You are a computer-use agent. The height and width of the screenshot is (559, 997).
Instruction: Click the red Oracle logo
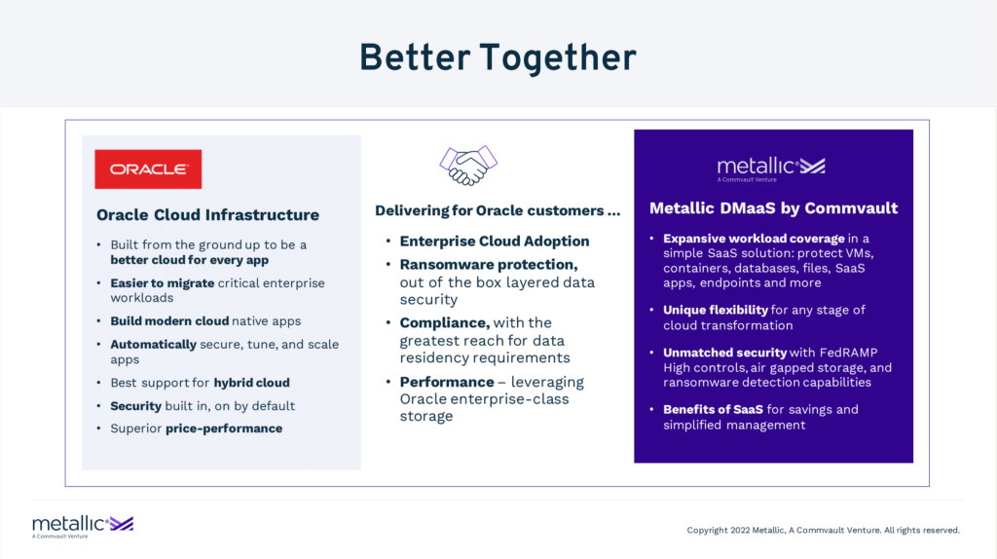(148, 169)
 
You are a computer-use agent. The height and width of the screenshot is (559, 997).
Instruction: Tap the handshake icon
(468, 166)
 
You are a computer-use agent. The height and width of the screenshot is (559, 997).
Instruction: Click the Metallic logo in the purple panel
(771, 168)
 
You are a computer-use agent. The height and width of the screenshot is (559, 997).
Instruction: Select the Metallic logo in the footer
(83, 527)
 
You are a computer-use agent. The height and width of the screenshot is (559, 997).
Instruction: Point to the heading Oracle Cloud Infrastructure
(208, 215)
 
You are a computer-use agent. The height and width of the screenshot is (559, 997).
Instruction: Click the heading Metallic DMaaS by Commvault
(773, 208)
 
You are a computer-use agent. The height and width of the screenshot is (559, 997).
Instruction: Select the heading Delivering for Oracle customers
(498, 210)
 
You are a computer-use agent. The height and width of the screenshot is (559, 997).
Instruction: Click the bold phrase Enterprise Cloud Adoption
(495, 241)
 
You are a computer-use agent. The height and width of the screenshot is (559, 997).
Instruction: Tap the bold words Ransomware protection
(489, 265)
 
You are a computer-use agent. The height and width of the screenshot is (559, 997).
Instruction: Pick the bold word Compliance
(444, 323)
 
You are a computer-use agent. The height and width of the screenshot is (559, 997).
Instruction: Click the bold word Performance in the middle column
(447, 382)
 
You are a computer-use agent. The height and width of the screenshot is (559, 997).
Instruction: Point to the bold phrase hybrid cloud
(252, 383)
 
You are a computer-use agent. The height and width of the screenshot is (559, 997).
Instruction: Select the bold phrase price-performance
(224, 429)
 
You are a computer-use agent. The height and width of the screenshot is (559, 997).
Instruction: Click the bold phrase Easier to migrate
(163, 283)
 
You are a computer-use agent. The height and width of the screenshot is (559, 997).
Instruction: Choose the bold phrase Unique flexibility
(716, 311)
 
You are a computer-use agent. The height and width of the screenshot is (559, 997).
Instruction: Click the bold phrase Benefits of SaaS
(713, 410)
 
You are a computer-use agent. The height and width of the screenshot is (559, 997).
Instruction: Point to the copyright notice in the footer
(824, 530)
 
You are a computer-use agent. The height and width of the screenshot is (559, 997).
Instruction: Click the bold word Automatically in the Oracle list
(153, 345)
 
